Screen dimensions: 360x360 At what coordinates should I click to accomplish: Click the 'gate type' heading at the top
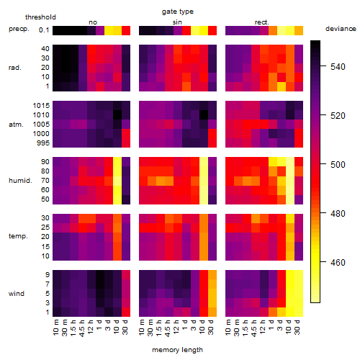coord(178,12)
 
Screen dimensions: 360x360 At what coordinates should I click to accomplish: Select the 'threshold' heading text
coord(40,17)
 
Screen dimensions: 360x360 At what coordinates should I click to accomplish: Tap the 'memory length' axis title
coord(178,350)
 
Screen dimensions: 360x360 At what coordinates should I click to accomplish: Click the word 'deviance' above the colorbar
coord(341,29)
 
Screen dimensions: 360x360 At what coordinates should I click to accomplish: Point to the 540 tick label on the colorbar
coord(338,66)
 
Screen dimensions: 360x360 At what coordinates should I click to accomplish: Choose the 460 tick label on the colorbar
coord(338,262)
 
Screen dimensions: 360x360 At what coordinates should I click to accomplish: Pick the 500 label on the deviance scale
coord(338,164)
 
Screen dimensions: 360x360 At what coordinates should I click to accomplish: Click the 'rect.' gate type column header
coord(262,22)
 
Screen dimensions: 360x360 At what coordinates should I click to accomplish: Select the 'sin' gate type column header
coord(177,22)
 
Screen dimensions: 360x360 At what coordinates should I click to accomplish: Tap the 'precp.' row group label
coord(19,29)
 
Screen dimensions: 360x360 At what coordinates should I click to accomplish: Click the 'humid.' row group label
coord(20,181)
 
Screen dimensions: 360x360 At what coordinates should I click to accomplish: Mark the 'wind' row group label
coord(17,294)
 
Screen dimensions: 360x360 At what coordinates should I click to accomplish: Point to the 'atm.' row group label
coord(16,125)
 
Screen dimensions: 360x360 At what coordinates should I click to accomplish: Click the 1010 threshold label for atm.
coord(41,115)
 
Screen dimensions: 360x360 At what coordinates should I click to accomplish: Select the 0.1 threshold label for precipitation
coord(44,30)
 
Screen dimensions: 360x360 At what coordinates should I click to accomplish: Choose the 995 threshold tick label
coord(43,143)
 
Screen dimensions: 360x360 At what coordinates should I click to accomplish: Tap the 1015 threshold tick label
coord(41,106)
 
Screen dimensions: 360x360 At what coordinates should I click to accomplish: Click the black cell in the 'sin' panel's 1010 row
coord(204,114)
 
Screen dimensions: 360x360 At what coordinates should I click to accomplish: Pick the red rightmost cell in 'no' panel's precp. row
coord(126,30)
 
